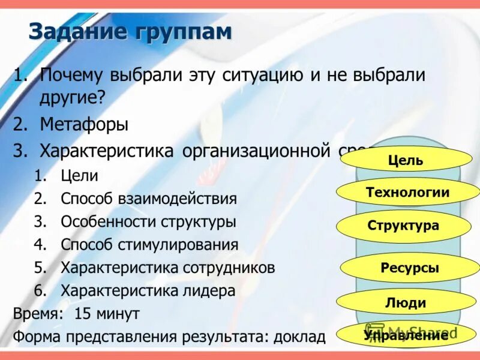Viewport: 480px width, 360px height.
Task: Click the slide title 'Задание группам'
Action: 130,31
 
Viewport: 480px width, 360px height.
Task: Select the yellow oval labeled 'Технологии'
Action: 407,193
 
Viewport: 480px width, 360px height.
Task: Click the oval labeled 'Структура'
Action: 403,226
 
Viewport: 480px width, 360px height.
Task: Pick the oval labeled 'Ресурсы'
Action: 409,268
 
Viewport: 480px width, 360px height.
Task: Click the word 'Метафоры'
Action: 84,125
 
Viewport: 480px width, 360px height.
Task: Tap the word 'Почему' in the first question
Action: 71,76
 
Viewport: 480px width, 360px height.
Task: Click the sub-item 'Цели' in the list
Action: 79,176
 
